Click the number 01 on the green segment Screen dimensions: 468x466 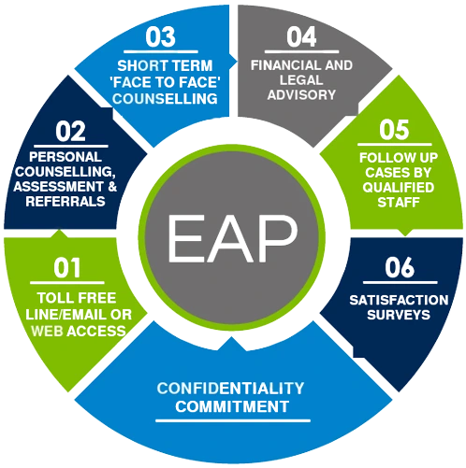tap(66, 270)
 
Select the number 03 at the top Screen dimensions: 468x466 tap(161, 39)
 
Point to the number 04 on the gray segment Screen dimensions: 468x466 tap(300, 39)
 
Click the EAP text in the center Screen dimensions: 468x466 tap(232, 234)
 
